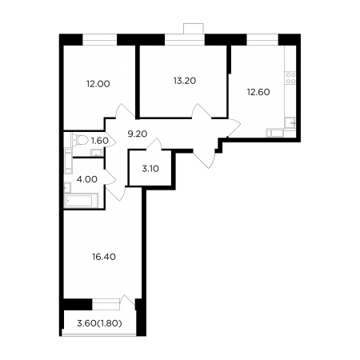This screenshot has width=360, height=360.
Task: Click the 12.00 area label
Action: coord(98,84)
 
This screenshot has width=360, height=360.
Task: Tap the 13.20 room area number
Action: coord(185,81)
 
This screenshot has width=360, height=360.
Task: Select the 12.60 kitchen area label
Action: coord(258,92)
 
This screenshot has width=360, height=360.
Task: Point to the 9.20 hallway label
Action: coord(138,134)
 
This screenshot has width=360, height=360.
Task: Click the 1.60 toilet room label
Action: coord(100,141)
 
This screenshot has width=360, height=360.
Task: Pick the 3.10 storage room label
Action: coord(150,169)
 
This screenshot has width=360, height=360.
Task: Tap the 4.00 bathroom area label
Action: coord(86,179)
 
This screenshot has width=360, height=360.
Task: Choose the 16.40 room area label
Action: coord(104,257)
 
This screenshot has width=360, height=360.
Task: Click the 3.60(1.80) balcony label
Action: coord(99,323)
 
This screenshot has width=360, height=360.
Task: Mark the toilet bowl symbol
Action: coord(80,140)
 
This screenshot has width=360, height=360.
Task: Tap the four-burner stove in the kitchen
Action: coord(290,78)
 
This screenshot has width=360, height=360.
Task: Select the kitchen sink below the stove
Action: coord(290,123)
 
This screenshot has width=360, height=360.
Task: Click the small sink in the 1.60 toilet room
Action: coord(96,153)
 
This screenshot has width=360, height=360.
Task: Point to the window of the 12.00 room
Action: coord(100,40)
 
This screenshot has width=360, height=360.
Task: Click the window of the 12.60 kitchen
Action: coord(262,40)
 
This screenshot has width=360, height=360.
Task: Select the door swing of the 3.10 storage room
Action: coord(154,144)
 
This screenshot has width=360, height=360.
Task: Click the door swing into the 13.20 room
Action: coord(202,110)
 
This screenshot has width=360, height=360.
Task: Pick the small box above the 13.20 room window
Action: coord(194,29)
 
